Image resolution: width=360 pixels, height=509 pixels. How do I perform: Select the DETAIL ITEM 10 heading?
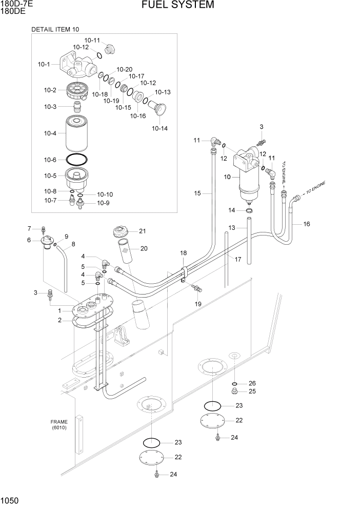point(55,29)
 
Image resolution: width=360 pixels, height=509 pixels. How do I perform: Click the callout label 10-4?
point(50,133)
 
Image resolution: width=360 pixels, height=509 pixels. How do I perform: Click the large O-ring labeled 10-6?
point(77,160)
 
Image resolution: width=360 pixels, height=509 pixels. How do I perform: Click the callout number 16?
point(307,224)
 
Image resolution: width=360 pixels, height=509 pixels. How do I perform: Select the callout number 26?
point(252,383)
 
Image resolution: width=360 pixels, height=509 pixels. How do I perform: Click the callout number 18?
point(183,253)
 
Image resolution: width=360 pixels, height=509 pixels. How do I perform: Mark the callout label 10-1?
point(44,65)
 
